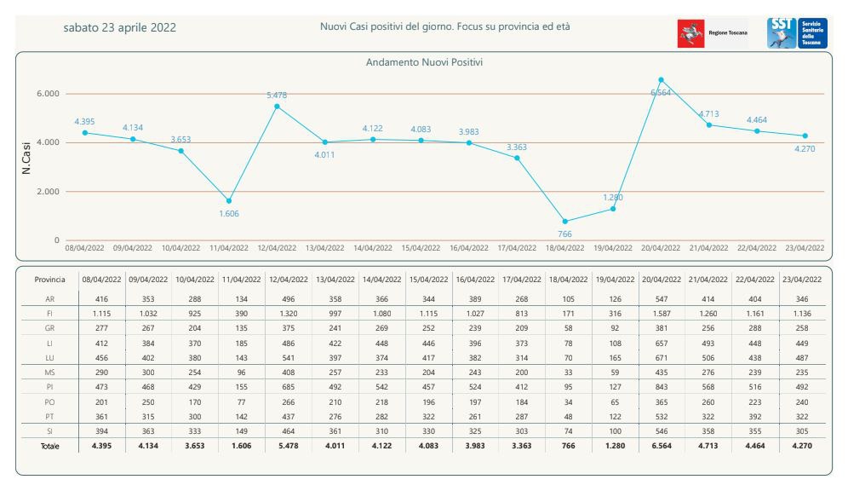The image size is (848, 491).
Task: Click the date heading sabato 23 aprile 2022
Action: pyautogui.click(x=120, y=27)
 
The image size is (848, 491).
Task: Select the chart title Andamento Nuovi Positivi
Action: pyautogui.click(x=425, y=63)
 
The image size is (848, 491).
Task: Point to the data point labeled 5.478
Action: pyautogui.click(x=277, y=107)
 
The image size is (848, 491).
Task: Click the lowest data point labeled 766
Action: pyautogui.click(x=565, y=222)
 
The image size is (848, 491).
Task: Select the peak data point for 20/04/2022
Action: pyautogui.click(x=661, y=80)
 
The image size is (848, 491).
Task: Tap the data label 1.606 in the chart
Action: pyautogui.click(x=228, y=213)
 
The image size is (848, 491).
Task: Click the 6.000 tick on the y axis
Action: pyautogui.click(x=46, y=94)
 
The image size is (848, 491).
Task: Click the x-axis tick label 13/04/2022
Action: pyautogui.click(x=324, y=248)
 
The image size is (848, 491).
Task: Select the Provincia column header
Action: pyautogui.click(x=50, y=280)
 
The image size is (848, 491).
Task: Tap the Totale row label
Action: pyautogui.click(x=50, y=446)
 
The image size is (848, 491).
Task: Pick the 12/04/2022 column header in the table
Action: pyautogui.click(x=289, y=280)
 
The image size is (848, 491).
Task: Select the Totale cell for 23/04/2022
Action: pyautogui.click(x=801, y=446)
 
